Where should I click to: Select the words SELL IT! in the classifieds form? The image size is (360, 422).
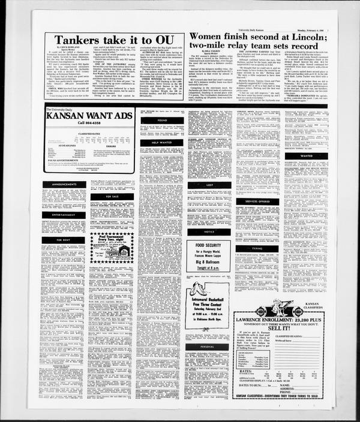(287, 328)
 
